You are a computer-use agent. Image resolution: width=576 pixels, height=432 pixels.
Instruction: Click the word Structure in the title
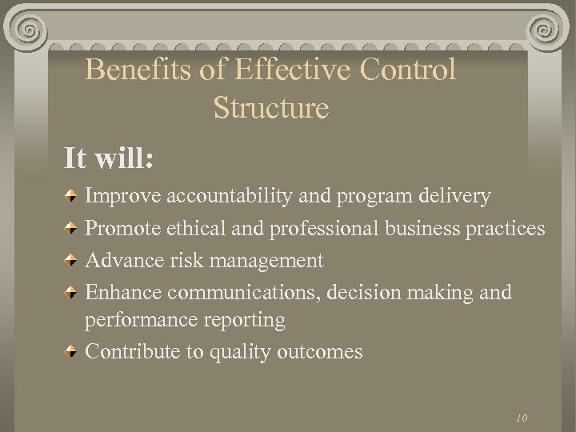tap(271, 108)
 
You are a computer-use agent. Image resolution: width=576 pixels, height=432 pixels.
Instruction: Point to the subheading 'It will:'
tap(110, 158)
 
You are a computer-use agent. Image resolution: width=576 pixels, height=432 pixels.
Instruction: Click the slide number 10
tap(522, 418)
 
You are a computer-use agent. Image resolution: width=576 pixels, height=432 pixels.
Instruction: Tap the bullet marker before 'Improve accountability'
tap(71, 196)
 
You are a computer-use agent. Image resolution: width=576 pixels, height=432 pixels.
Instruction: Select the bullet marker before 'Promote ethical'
tap(71, 229)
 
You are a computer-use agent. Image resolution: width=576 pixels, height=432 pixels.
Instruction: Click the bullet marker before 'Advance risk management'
tap(71, 261)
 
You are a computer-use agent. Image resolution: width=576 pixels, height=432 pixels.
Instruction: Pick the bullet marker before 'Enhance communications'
tap(71, 293)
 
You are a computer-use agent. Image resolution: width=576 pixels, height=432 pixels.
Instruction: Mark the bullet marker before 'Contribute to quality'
tap(71, 352)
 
